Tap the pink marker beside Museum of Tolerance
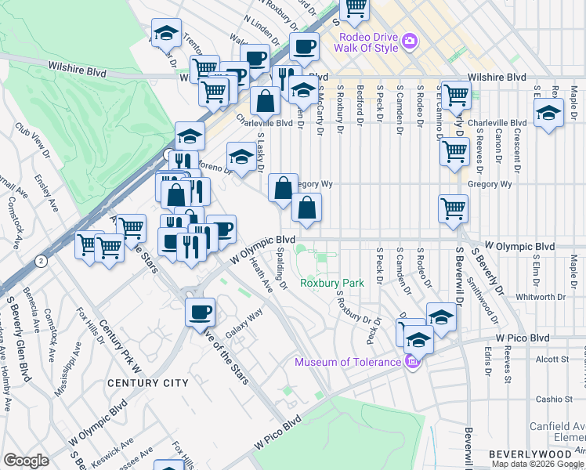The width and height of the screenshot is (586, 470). pos(412,361)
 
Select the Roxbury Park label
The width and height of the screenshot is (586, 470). pos(332,283)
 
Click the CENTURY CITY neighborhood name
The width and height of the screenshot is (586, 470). pos(148,383)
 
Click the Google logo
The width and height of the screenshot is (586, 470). pos(26,461)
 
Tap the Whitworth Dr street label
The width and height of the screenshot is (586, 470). pos(539,297)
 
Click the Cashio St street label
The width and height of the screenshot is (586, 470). pos(555,399)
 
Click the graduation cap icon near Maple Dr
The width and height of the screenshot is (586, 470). pos(549,112)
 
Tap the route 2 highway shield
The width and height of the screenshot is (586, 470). pos(39,259)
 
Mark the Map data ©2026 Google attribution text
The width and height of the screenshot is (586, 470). pos(538,464)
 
